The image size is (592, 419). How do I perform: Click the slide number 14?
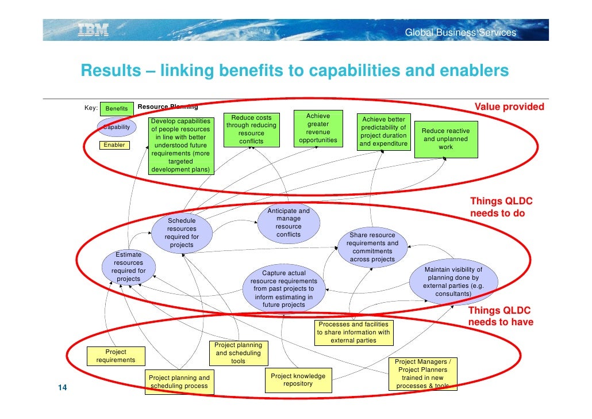(63, 387)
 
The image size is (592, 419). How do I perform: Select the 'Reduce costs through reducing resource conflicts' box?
(251, 129)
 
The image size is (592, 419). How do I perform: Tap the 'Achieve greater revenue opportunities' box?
(318, 128)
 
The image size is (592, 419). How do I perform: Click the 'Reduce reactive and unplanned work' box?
(445, 139)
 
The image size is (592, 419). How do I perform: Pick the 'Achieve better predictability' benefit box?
(383, 132)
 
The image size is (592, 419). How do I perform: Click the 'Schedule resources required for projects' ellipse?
(182, 233)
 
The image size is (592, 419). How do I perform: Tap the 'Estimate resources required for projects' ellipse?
(128, 267)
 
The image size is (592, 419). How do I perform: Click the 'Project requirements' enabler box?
(116, 356)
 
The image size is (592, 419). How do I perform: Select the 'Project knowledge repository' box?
(298, 380)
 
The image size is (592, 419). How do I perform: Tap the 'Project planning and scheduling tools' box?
(238, 353)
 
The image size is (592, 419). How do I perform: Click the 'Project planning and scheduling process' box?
(179, 382)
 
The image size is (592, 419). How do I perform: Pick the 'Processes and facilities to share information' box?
(353, 332)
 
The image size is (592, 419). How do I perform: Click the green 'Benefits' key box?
(117, 108)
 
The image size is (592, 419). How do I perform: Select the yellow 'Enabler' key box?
(114, 145)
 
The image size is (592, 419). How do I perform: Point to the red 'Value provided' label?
(509, 107)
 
